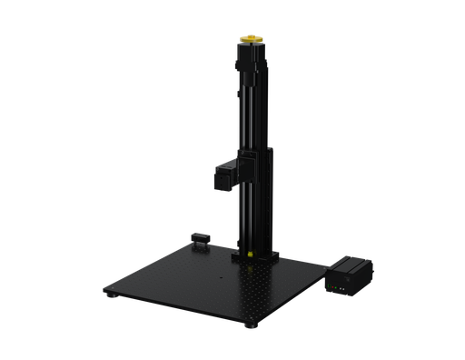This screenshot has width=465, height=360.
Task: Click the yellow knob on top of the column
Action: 251,39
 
